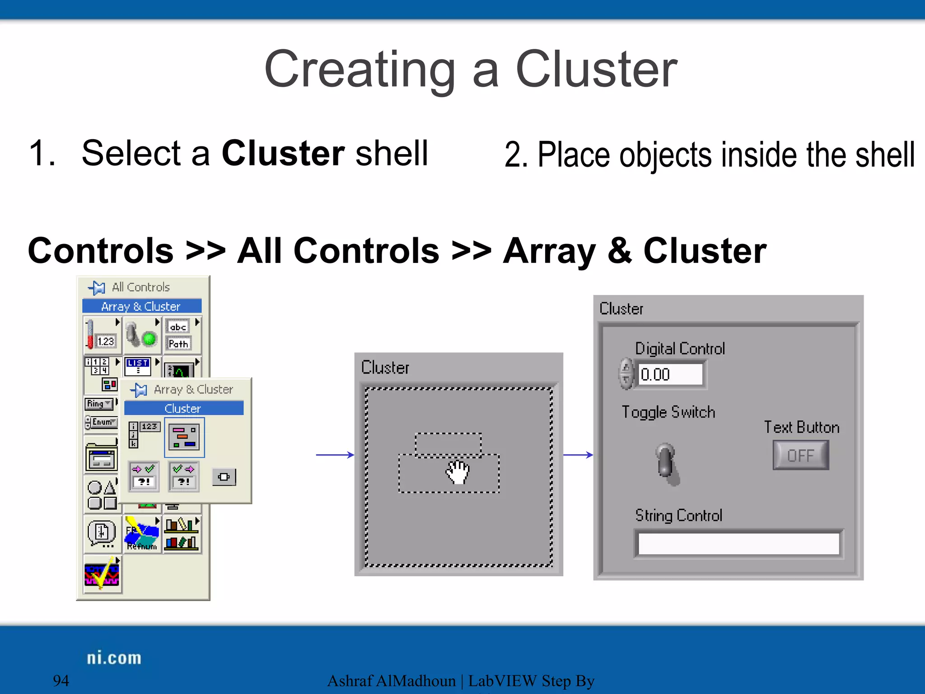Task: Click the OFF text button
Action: (800, 455)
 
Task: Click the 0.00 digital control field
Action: (670, 375)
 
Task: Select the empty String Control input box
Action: (738, 544)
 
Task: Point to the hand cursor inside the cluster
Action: (458, 473)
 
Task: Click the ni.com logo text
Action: (114, 658)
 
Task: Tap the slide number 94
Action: (61, 680)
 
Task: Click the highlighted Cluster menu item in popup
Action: (183, 408)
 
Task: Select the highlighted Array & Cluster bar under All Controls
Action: (141, 306)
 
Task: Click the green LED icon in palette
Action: (149, 338)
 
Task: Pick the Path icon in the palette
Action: (178, 344)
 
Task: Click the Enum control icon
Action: (102, 422)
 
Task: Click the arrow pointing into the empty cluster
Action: (335, 455)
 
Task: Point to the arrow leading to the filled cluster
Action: (578, 455)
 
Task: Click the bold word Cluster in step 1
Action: (283, 154)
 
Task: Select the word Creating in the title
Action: (360, 70)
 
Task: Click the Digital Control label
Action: (680, 349)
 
